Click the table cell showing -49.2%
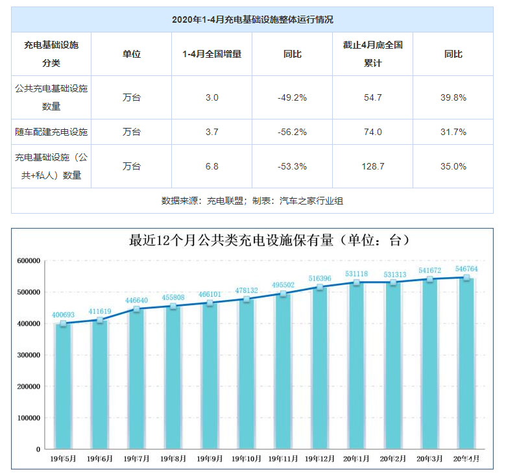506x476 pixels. pyautogui.click(x=292, y=97)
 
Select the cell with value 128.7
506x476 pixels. pyautogui.click(x=373, y=166)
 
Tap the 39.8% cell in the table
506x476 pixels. pyautogui.click(x=453, y=97)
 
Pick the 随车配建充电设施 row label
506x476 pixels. pyautogui.click(x=51, y=132)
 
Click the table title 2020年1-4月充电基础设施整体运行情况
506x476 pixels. pyautogui.click(x=252, y=20)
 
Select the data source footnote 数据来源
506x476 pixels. pyautogui.click(x=252, y=201)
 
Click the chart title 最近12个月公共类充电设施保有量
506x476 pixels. pyautogui.click(x=270, y=240)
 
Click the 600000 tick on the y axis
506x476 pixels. pyautogui.click(x=29, y=261)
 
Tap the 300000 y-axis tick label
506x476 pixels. pyautogui.click(x=29, y=355)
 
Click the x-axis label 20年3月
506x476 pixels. pyautogui.click(x=429, y=458)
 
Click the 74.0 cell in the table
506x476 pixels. pyautogui.click(x=373, y=132)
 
